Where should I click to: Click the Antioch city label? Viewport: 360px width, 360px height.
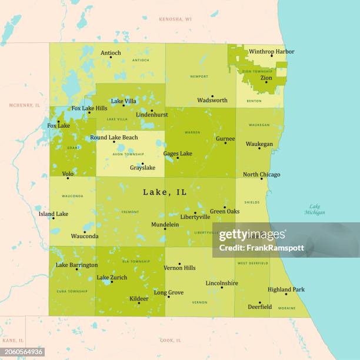point(111,53)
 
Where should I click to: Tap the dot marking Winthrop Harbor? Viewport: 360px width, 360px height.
point(272,56)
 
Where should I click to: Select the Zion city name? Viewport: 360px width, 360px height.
point(266,78)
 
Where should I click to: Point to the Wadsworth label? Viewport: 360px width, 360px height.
point(212,101)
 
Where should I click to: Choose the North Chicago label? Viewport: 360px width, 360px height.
point(261,175)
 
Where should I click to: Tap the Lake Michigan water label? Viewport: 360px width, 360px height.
point(315,209)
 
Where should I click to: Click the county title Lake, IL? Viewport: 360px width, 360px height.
point(165,192)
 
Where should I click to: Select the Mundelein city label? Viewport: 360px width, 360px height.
point(165,225)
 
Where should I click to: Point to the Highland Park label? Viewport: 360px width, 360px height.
point(286,289)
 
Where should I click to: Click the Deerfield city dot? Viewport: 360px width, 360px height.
point(259,302)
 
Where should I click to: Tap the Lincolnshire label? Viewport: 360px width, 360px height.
point(222,283)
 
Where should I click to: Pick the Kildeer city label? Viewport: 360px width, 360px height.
point(139,299)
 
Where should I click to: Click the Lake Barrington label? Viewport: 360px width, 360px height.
point(76,265)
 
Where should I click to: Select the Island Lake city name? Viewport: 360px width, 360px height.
point(54,214)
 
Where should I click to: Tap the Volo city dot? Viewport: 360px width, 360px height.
point(68,178)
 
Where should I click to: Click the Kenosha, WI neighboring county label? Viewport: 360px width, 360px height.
point(175,19)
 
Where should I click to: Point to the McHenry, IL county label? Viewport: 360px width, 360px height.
point(24,105)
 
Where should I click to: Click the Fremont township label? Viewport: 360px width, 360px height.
point(129,212)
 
